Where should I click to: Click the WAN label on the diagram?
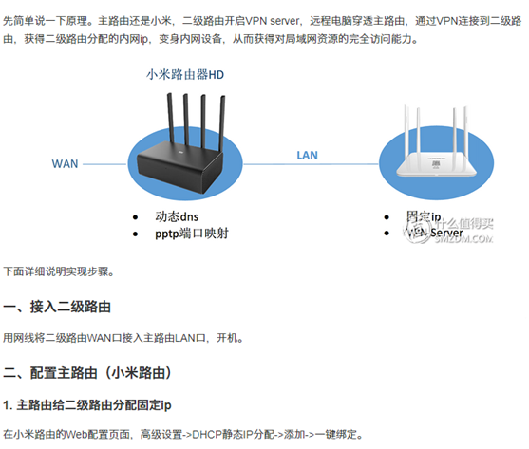click(x=64, y=163)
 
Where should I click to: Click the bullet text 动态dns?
click(x=176, y=216)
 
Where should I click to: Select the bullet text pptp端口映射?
click(x=190, y=233)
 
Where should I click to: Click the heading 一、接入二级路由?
click(x=58, y=308)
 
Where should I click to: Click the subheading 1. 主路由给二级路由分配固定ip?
click(x=86, y=405)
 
